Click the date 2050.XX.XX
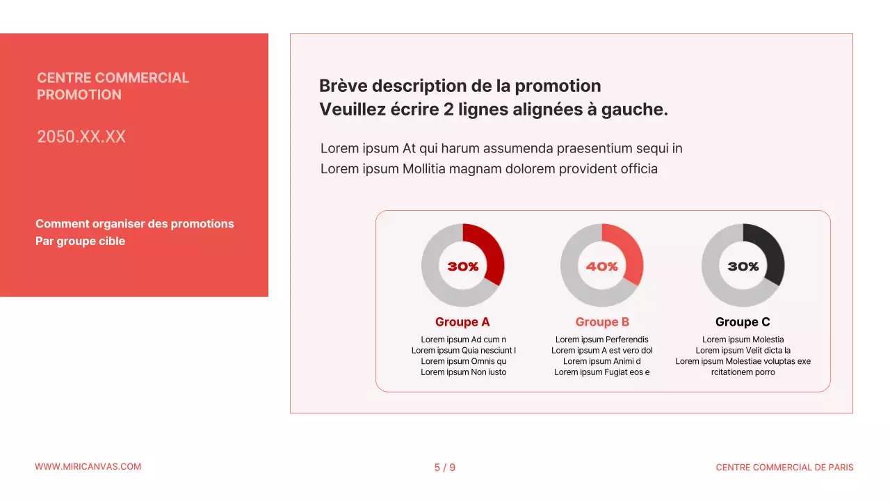(81, 136)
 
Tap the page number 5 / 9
(445, 468)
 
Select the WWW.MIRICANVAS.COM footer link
(88, 467)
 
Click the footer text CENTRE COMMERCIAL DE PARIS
(784, 468)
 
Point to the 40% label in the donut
(602, 267)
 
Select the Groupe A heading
(462, 322)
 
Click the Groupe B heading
(602, 322)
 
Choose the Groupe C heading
(743, 322)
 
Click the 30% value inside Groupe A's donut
(463, 267)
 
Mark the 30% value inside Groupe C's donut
(743, 267)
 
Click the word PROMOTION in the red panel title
(79, 95)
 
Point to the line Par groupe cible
(81, 241)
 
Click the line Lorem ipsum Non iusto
(464, 372)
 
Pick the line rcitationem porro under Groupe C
(743, 372)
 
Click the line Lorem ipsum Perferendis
(602, 340)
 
